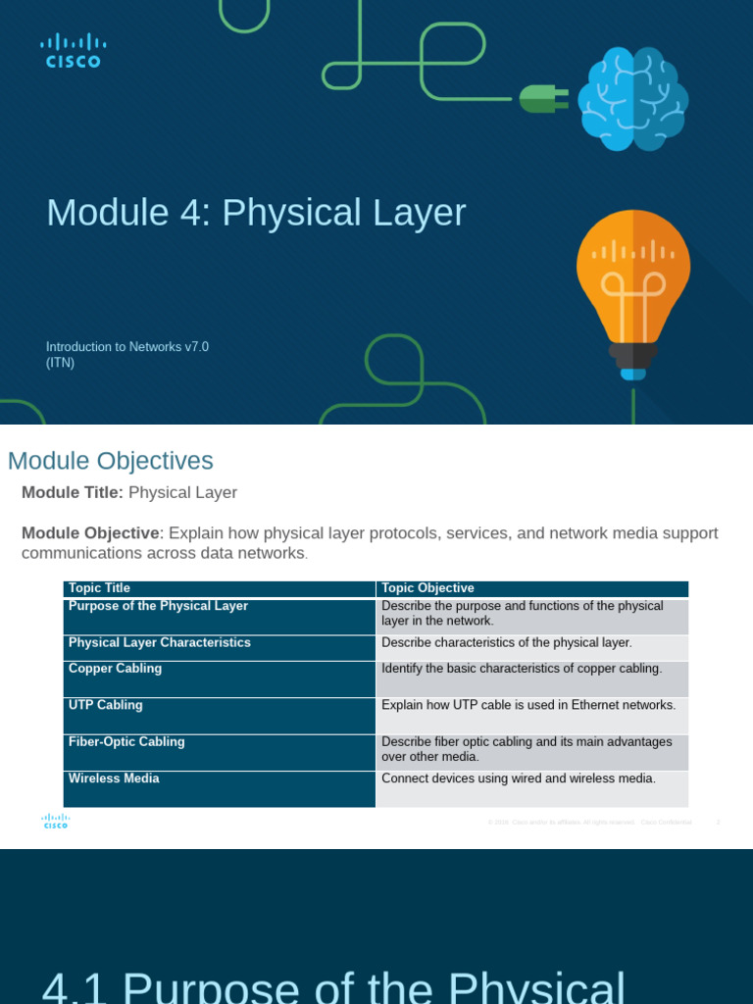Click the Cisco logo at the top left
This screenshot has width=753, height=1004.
pos(73,50)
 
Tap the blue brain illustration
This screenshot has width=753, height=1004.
pos(632,98)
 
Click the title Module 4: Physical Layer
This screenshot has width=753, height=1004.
pos(256,213)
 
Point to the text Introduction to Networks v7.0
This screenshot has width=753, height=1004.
pos(127,346)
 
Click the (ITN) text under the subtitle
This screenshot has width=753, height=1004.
pos(61,363)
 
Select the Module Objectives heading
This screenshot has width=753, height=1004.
pos(110,461)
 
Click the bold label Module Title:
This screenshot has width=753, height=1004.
pos(73,492)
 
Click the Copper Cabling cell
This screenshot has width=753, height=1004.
pos(115,669)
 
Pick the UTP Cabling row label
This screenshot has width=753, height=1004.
pos(105,705)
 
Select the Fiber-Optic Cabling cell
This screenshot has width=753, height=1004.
pos(126,742)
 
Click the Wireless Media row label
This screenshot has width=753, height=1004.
pos(114,778)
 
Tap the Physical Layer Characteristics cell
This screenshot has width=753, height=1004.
pos(160,643)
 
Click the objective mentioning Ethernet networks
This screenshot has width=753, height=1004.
pos(528,705)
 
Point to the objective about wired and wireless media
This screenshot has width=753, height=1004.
pos(518,778)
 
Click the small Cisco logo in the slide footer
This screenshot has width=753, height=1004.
pos(55,822)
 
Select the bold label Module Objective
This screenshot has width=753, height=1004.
pos(91,533)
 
